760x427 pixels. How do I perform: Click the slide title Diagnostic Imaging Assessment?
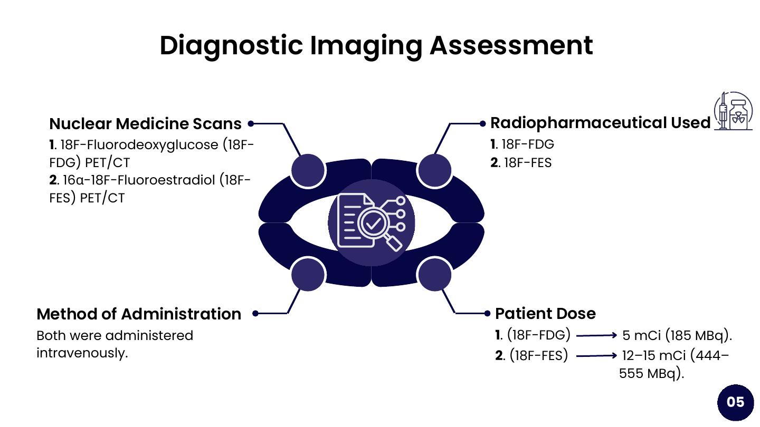376,45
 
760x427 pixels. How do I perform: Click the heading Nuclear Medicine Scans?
145,124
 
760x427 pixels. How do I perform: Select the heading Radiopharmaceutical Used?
600,123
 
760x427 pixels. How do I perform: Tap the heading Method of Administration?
139,314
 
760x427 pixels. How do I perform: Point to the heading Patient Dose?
545,314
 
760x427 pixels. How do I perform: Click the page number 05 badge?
735,402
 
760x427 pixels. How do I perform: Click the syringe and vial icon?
733,111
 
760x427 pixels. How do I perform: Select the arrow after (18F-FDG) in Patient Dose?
596,335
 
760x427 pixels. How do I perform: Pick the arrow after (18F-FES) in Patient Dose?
596,356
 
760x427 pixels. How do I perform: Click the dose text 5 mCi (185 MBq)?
677,335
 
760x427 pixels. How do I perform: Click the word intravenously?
82,353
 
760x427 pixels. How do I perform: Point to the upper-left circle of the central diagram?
308,170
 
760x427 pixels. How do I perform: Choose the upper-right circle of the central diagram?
434,170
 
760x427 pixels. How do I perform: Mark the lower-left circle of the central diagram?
308,274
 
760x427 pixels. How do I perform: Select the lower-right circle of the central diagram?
434,274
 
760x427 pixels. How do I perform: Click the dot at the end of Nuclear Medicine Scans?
251,124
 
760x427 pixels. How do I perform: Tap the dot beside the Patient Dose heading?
487,314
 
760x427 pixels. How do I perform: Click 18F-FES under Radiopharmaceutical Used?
527,163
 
